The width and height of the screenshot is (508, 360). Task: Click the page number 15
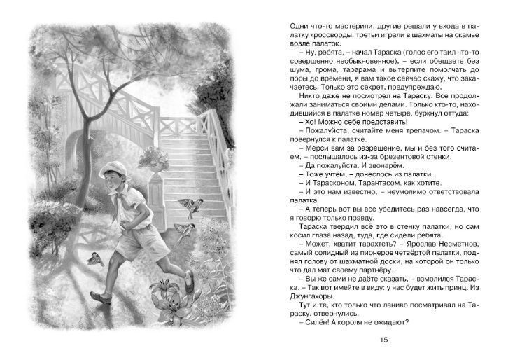tap(382, 340)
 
